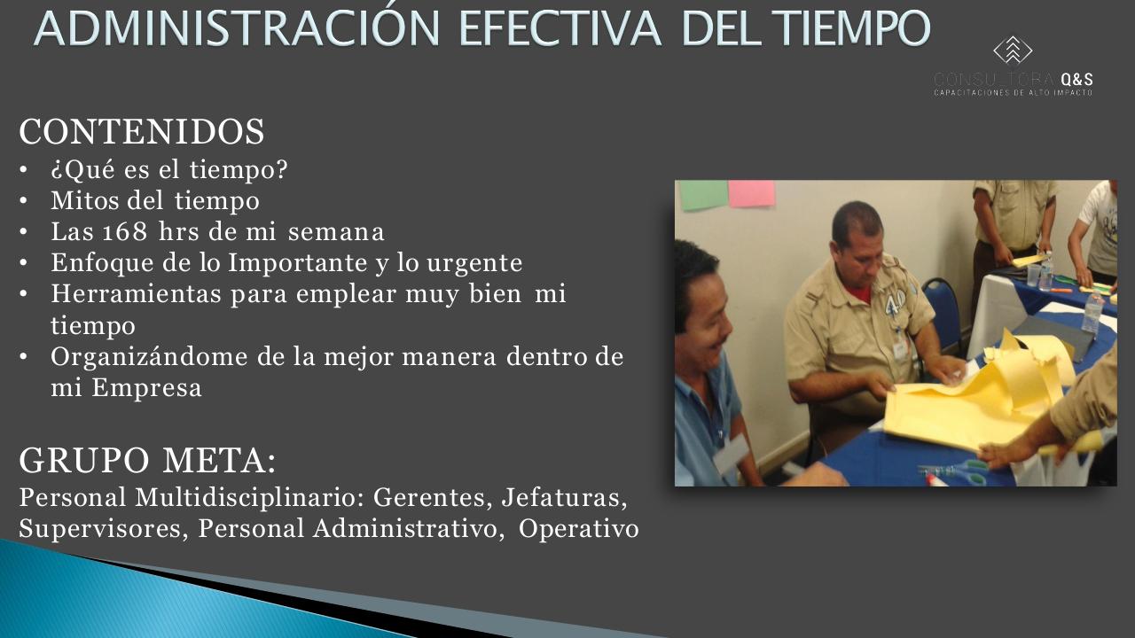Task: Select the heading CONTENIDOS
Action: coord(142,132)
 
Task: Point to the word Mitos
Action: coord(81,201)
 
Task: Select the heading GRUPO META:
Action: coord(147,461)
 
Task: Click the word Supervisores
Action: coord(103,529)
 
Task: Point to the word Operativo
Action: coord(579,529)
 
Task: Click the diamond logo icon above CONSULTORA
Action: coord(1013,51)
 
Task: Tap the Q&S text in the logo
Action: coord(1076,79)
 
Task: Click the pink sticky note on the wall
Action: coord(751,193)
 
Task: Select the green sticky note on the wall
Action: coord(702,195)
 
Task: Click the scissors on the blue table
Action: coord(953,470)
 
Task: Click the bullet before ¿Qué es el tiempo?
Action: coord(24,170)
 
